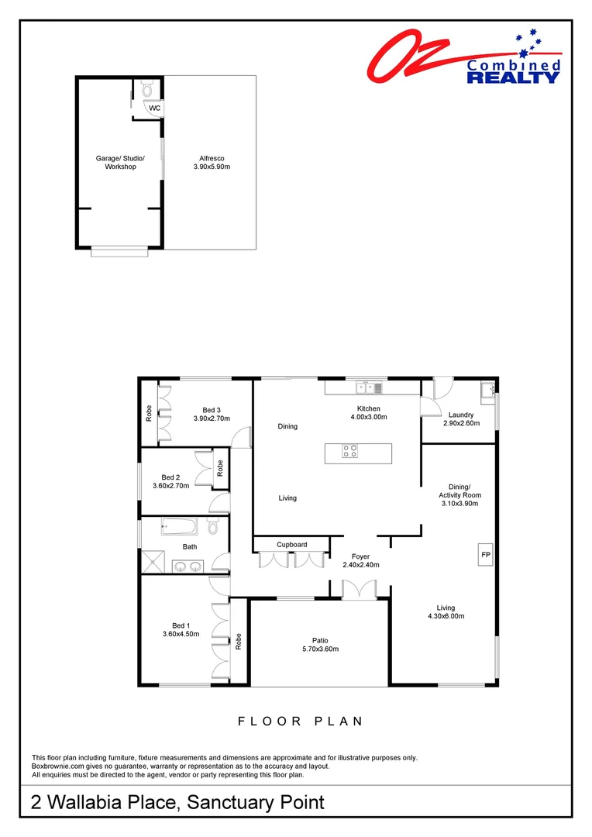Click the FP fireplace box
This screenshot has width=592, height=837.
coord(486,555)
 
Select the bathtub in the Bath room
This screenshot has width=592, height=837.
coord(179,528)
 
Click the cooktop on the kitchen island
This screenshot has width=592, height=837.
coord(349,450)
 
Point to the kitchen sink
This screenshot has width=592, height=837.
coord(365,387)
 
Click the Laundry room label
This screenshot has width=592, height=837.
coord(460,415)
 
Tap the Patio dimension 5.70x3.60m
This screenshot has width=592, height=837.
coord(320,649)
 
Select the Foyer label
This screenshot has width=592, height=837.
coord(360,556)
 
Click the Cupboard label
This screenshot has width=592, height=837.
coord(292,544)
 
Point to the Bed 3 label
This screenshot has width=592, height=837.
coord(212,410)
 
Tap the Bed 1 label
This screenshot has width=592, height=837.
coord(181,625)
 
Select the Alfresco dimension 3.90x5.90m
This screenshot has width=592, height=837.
coord(212,167)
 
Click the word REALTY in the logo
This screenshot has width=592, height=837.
coord(512,77)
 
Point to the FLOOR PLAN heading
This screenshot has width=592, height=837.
coord(300,721)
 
